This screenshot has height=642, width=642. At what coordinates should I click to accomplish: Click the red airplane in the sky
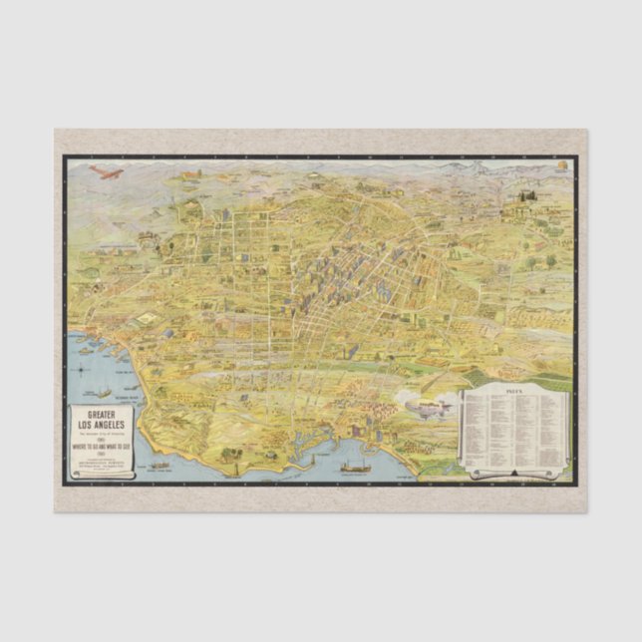click(x=105, y=172)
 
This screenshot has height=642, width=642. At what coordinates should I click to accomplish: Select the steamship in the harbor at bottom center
click(x=356, y=465)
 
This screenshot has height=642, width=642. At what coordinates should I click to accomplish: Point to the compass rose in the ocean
click(x=103, y=392)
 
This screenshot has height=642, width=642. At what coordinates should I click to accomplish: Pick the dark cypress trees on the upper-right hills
click(x=520, y=211)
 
